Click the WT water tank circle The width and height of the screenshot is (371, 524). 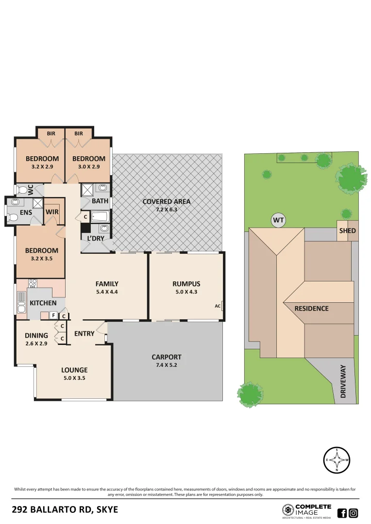278,221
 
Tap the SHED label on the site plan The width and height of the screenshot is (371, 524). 347,231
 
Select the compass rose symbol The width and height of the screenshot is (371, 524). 337,459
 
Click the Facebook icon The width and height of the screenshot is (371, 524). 342,513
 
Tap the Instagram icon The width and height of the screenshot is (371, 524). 354,513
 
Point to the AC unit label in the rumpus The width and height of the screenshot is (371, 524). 218,306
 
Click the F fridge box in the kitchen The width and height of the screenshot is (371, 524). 53,315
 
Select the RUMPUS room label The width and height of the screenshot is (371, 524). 186,284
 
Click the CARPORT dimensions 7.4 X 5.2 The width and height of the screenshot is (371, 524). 167,365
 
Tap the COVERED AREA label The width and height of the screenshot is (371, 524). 167,201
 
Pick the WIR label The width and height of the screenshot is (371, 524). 52,212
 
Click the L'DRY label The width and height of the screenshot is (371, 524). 96,238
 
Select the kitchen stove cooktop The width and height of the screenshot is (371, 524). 33,284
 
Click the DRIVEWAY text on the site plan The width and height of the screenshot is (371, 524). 343,381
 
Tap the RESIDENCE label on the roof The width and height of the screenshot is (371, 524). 312,309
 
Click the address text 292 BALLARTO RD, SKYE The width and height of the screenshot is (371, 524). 65,510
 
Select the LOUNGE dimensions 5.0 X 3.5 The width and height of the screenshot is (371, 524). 74,378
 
